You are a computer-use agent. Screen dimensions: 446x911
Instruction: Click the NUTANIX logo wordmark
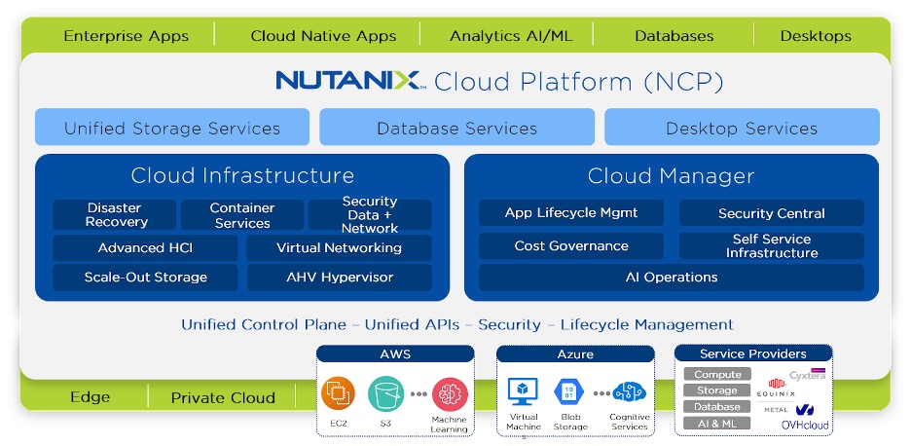point(348,81)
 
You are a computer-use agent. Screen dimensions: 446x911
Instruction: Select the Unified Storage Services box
point(172,128)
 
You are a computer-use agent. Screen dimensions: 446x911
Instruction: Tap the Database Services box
point(456,128)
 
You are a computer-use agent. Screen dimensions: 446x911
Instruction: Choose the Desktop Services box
point(742,128)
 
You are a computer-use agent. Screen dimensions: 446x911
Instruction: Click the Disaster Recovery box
point(115,215)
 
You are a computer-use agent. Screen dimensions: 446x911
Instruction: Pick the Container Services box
point(242,215)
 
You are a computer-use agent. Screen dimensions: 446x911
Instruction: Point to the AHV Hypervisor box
point(340,278)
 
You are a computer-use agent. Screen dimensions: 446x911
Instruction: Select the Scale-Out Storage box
point(145,278)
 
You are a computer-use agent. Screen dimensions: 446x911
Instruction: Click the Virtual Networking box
point(340,247)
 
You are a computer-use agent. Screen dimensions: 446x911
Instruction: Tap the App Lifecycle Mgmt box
point(571,213)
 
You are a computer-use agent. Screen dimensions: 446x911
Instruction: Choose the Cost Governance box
point(571,246)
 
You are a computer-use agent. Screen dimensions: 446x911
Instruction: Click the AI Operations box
point(672,278)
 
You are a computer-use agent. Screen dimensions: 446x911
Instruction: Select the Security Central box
point(772,213)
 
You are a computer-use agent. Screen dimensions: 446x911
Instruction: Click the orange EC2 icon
point(339,393)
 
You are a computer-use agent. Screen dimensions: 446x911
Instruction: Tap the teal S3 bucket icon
point(386,393)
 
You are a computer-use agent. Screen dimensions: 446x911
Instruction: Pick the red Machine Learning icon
point(450,393)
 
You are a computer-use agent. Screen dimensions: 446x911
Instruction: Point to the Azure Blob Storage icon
point(570,392)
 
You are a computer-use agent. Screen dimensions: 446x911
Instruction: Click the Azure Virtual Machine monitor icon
point(523,392)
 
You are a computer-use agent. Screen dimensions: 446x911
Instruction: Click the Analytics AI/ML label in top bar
point(511,36)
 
